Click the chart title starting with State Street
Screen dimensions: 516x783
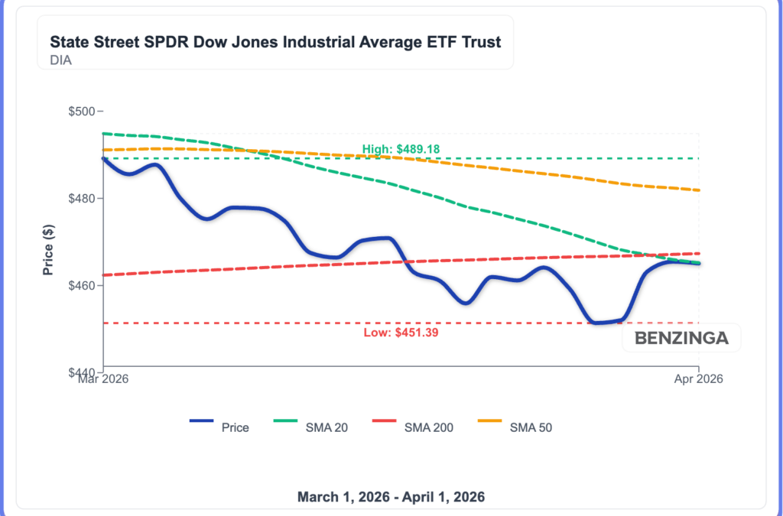click(x=275, y=41)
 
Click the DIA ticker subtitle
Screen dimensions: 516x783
click(x=61, y=60)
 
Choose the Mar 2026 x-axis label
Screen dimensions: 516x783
click(x=103, y=378)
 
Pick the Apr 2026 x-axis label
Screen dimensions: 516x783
click(x=699, y=378)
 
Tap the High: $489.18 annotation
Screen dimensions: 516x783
click(x=401, y=149)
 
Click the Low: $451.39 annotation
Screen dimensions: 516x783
click(x=401, y=333)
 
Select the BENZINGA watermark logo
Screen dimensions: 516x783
click(x=681, y=338)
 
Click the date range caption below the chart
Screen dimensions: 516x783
click(x=391, y=497)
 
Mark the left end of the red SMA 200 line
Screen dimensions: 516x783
click(x=103, y=274)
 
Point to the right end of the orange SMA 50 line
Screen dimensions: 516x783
click(x=699, y=190)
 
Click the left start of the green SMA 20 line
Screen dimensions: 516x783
click(x=103, y=133)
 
